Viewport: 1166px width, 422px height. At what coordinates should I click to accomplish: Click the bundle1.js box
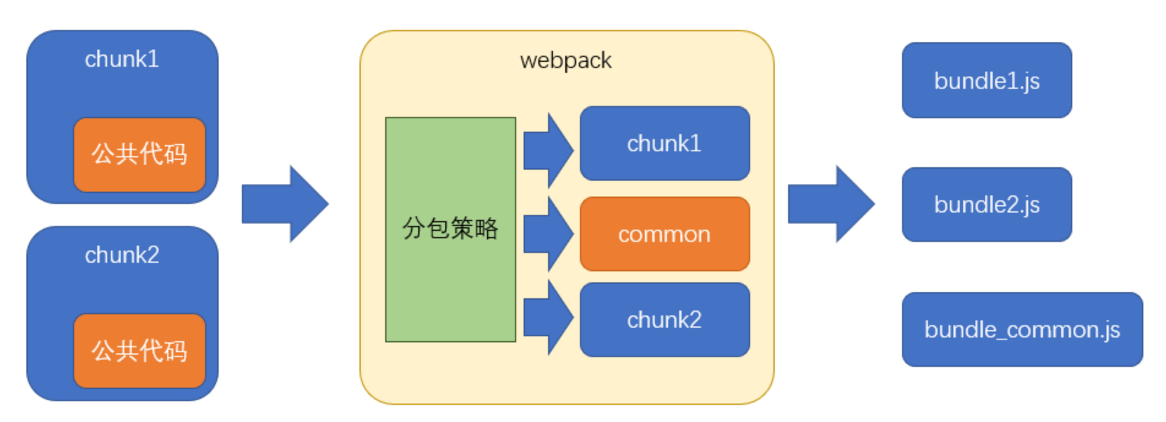[x=987, y=80]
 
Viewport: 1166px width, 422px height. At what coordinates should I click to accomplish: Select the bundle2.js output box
[x=987, y=205]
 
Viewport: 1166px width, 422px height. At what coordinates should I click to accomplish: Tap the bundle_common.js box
[x=1022, y=330]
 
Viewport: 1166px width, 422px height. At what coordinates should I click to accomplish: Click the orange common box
[x=664, y=234]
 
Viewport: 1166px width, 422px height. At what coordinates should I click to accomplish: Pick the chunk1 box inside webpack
[x=664, y=143]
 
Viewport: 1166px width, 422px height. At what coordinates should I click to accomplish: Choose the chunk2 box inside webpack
[x=664, y=320]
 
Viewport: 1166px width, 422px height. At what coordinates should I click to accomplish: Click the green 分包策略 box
[x=450, y=230]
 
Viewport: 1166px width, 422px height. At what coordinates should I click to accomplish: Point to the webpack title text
[x=565, y=61]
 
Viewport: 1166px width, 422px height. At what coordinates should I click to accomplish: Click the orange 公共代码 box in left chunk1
[x=139, y=155]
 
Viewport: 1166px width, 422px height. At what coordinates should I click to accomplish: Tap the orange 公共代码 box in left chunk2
[x=139, y=351]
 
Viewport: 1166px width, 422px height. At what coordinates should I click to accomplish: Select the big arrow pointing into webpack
[x=285, y=204]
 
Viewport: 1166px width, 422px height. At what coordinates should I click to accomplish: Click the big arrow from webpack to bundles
[x=831, y=204]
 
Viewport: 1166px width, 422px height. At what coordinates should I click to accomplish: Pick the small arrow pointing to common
[x=548, y=234]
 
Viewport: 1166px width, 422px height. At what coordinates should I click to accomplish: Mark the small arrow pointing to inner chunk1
[x=548, y=151]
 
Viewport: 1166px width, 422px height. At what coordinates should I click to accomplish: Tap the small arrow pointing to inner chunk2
[x=548, y=317]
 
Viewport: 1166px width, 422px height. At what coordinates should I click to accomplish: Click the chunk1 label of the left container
[x=122, y=59]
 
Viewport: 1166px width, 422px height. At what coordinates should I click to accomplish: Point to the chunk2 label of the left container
[x=122, y=255]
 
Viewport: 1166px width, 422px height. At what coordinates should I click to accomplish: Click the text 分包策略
[x=450, y=228]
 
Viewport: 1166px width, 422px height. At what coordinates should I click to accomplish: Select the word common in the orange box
[x=664, y=235]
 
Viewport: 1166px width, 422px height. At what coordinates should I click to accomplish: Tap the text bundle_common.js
[x=1022, y=330]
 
